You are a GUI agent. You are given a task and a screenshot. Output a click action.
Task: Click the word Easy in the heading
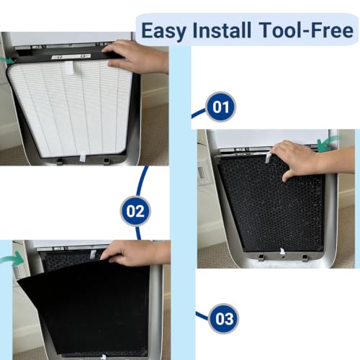[163, 31]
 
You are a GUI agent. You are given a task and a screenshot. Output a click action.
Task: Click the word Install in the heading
[222, 30]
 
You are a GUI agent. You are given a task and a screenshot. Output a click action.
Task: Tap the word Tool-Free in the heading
[306, 30]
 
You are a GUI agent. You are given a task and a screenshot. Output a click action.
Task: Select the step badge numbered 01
[221, 107]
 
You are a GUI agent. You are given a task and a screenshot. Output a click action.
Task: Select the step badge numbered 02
[135, 211]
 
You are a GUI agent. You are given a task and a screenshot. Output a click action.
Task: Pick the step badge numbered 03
[224, 319]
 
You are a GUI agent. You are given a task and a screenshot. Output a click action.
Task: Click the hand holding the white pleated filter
[137, 56]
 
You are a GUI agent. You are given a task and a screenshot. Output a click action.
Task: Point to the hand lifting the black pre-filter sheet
[137, 253]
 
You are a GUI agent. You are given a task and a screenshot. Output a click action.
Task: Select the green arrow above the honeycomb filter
[328, 144]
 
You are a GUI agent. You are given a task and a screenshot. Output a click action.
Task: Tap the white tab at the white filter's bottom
[83, 157]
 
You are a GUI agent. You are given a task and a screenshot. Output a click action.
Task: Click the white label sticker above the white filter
[71, 56]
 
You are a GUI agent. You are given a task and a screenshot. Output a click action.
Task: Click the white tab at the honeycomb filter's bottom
[282, 251]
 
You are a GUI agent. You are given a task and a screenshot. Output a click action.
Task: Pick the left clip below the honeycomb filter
[261, 257]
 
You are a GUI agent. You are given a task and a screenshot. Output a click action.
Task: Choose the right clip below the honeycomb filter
[305, 257]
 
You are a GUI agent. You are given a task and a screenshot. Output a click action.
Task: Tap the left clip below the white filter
[60, 161]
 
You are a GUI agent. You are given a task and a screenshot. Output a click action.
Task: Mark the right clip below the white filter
[106, 161]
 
